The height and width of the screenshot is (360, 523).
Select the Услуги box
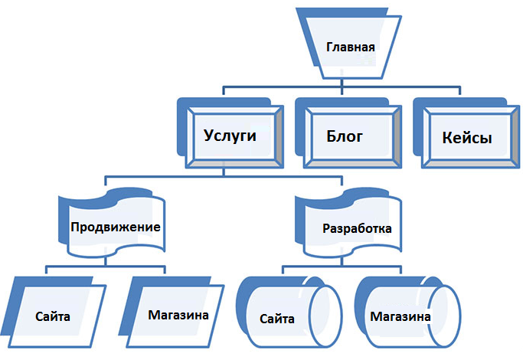tap(234, 138)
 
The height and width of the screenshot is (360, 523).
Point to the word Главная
tap(350, 47)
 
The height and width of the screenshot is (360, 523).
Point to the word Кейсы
tap(466, 139)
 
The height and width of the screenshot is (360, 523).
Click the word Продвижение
tap(115, 227)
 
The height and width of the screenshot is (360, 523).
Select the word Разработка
tap(358, 228)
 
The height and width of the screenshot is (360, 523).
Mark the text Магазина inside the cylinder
tap(399, 316)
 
